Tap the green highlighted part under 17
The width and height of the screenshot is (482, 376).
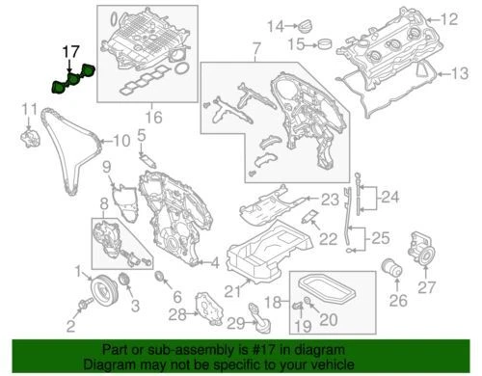click(x=72, y=78)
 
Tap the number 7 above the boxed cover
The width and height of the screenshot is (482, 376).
click(x=255, y=47)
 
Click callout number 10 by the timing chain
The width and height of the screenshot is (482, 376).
click(x=118, y=142)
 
